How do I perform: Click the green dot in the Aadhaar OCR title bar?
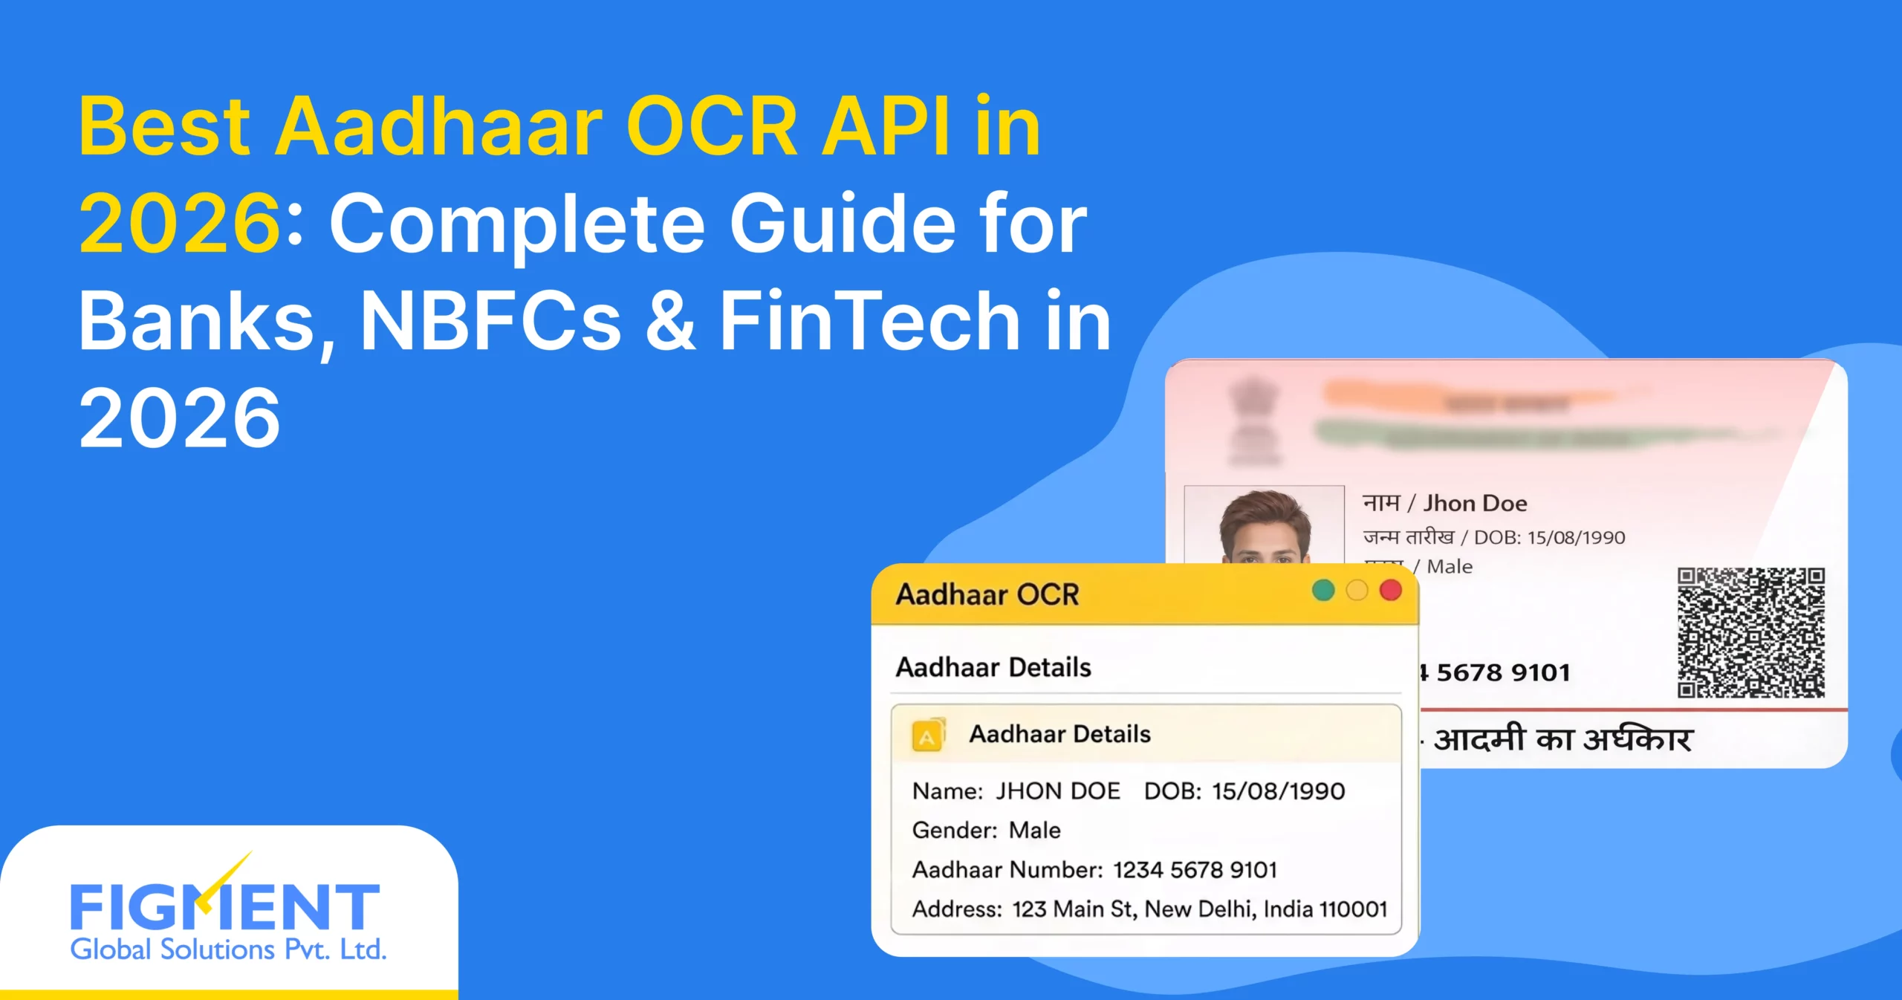coord(1323,591)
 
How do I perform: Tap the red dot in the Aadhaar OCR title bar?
coord(1390,591)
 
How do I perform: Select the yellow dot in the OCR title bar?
coord(1357,591)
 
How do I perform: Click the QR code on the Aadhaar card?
coord(1750,633)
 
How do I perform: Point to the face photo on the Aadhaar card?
coord(1265,527)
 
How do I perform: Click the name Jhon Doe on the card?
coord(1475,504)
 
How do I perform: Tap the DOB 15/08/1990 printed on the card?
coord(1576,537)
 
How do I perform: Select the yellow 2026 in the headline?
coord(179,223)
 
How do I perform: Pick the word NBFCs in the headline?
coord(490,321)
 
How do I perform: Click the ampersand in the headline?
coord(671,321)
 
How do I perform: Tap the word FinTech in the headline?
coord(870,321)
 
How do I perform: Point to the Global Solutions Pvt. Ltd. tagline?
coord(228,950)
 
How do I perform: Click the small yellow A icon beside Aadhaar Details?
coord(927,736)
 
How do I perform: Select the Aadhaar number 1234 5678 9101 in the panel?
coord(1195,870)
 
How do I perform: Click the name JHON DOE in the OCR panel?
coord(1057,791)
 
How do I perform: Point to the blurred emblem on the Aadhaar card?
coord(1253,420)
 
